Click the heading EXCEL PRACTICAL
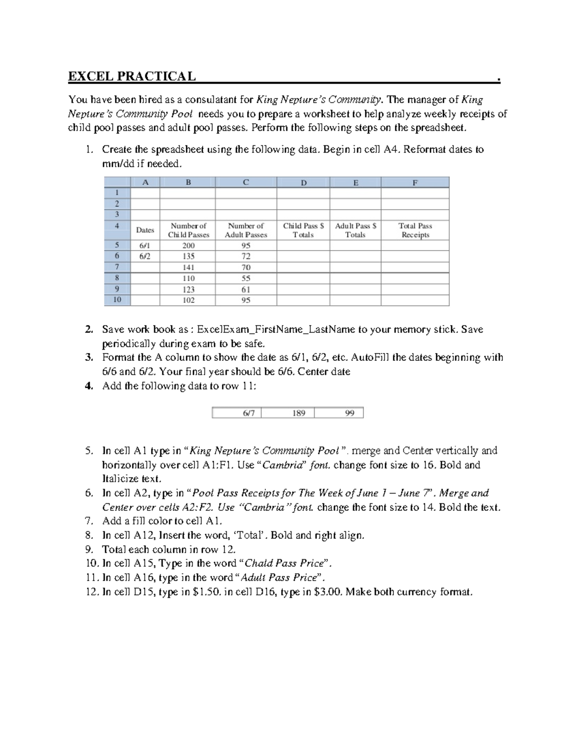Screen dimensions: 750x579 [x=132, y=76]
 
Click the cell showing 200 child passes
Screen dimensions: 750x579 [x=188, y=245]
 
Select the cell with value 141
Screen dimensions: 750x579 [x=188, y=267]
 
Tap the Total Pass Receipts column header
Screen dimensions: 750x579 [x=415, y=230]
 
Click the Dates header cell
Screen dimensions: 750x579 [x=145, y=230]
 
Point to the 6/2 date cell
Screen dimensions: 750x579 [x=145, y=256]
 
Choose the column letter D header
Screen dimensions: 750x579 [x=303, y=183]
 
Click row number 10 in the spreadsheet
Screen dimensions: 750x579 [x=117, y=300]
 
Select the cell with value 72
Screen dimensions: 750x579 [x=246, y=256]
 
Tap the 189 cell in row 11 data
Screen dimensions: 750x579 [x=299, y=413]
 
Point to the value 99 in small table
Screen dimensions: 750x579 [x=349, y=413]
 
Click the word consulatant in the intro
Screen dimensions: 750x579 [x=212, y=100]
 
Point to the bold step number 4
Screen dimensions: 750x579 [x=88, y=386]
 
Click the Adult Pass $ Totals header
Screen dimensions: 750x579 [x=356, y=230]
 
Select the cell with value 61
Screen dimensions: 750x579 [x=246, y=289]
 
